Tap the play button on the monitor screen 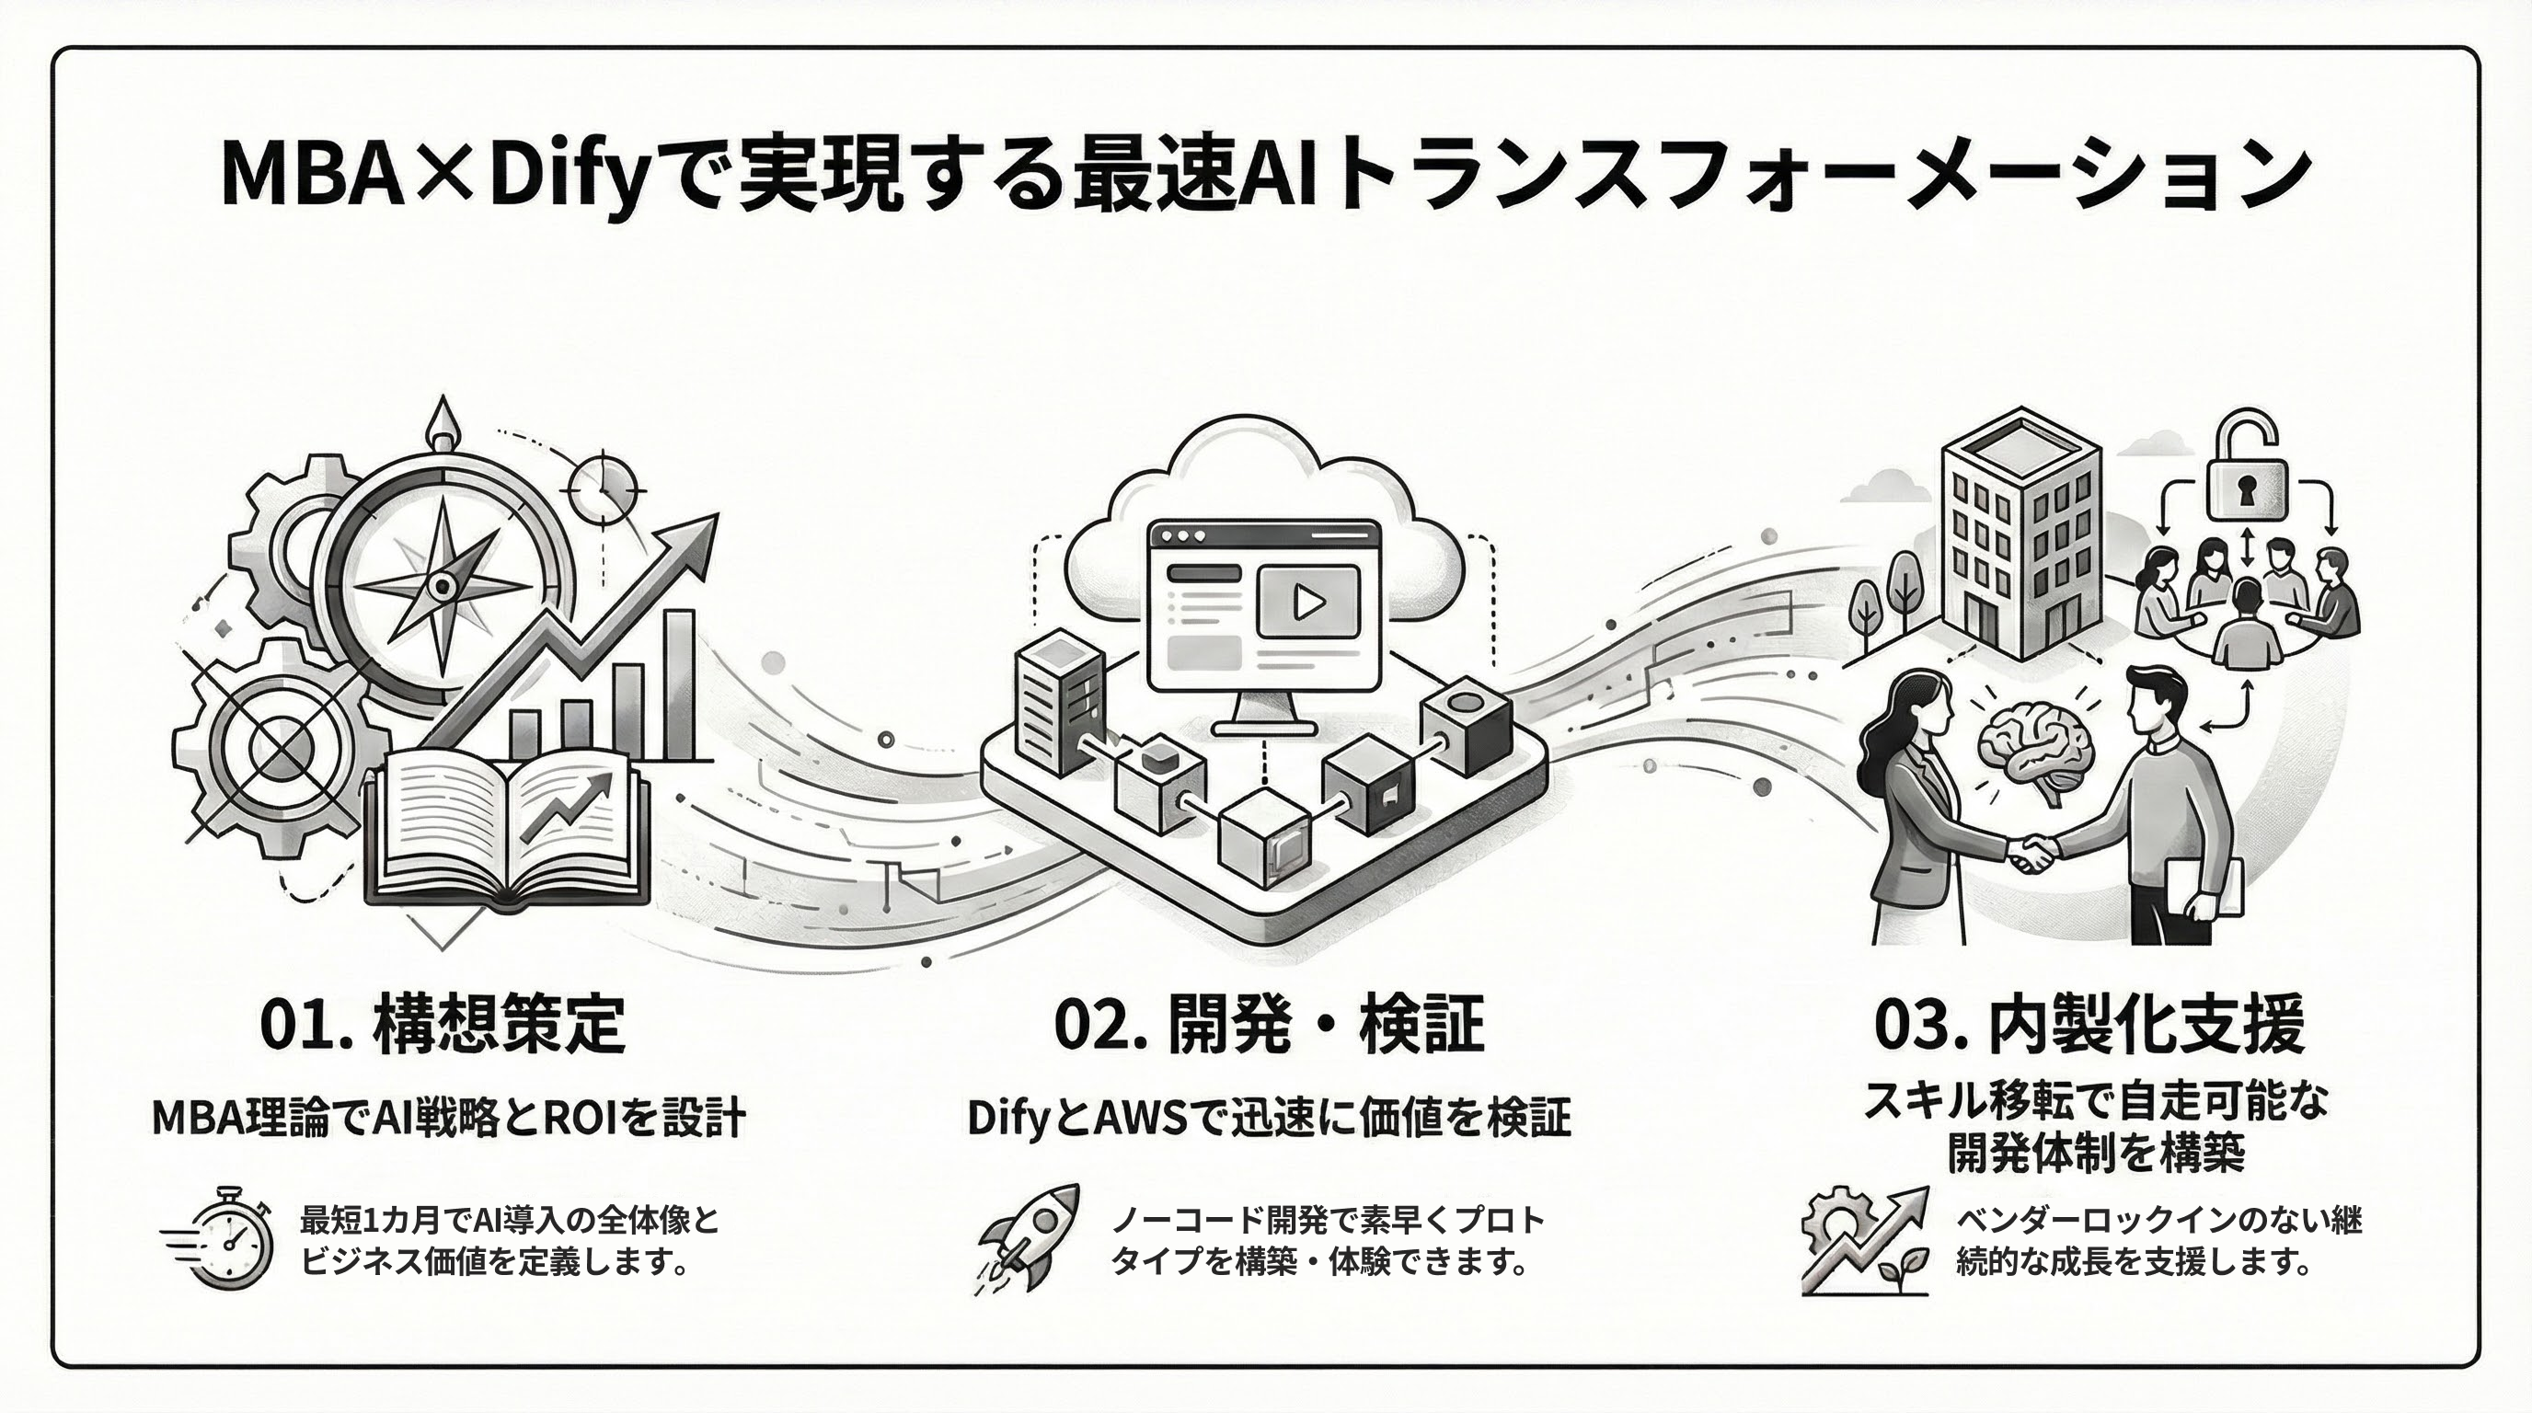coord(1307,602)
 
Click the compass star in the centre coord(443,587)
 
